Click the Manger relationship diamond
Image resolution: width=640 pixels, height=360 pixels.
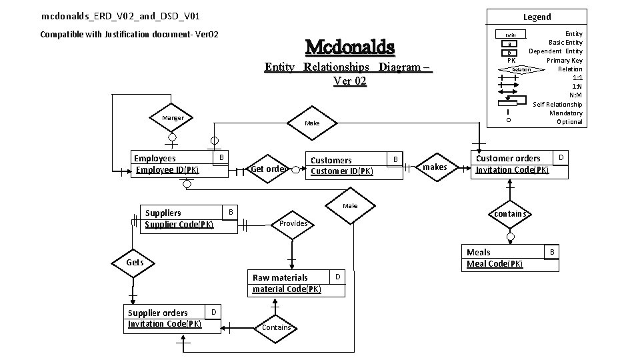click(x=173, y=118)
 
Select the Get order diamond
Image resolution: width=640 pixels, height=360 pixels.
click(x=269, y=169)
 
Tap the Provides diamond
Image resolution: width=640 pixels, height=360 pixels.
click(x=293, y=223)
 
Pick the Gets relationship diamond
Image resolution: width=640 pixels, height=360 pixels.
click(x=135, y=263)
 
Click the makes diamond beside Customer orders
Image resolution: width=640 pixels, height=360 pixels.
click(x=435, y=167)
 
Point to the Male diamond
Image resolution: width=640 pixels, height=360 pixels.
click(x=350, y=206)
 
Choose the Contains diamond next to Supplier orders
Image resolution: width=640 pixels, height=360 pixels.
click(x=276, y=327)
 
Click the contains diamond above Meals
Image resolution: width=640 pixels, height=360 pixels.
click(x=511, y=214)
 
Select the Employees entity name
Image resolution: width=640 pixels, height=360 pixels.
click(x=155, y=159)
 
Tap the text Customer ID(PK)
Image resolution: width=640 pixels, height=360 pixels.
click(x=342, y=171)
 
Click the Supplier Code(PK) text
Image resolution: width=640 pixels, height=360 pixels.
click(x=179, y=224)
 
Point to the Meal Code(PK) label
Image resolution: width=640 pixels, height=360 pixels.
click(x=495, y=264)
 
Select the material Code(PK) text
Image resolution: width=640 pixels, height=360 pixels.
click(x=287, y=289)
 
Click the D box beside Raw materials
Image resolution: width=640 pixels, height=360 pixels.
click(x=338, y=276)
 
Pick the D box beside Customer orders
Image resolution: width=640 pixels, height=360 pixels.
click(x=561, y=157)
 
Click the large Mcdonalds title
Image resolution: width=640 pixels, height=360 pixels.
click(x=349, y=48)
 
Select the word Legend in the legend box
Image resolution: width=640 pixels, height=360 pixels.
click(x=537, y=17)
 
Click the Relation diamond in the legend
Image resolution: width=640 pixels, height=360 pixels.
click(x=521, y=69)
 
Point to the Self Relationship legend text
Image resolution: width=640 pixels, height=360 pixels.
click(x=557, y=104)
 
